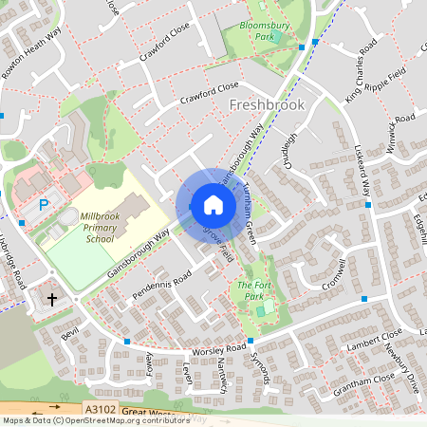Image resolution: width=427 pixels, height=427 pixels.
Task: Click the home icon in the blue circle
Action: (x=213, y=205)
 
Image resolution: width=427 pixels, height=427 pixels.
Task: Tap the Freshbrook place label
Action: (x=267, y=104)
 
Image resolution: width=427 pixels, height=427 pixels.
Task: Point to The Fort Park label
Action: (x=251, y=290)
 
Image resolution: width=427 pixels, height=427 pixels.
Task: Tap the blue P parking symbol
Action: (x=43, y=204)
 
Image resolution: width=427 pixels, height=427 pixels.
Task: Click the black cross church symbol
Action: (x=50, y=298)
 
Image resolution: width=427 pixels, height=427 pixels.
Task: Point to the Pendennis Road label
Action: (x=162, y=286)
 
